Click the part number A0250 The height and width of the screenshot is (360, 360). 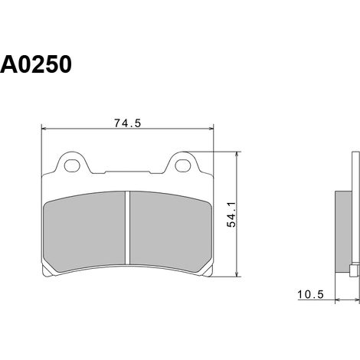pos(36,64)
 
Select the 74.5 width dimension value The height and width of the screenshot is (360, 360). pos(127,123)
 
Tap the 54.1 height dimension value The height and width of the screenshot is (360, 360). pos(232,214)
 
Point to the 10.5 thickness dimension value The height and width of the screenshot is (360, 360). pos(310,295)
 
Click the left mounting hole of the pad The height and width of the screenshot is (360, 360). pos(72,165)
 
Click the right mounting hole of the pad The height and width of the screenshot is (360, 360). pos(183,165)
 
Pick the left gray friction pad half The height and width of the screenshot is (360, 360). pos(85,231)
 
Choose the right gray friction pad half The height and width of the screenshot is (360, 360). pos(171,231)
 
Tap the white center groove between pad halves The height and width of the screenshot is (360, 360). pos(128,227)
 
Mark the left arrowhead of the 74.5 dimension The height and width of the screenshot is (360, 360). pos(44,129)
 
